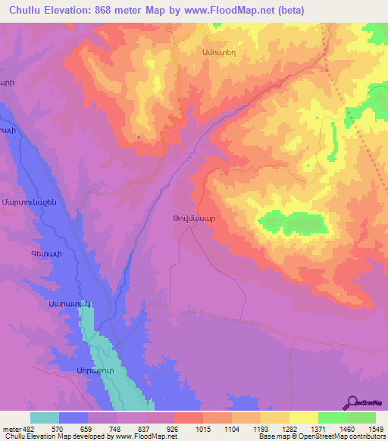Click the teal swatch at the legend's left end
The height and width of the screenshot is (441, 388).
45,418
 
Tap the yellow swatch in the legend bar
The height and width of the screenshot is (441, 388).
303,418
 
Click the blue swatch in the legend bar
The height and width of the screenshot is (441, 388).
74,418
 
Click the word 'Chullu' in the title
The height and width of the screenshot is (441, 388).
25,10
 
